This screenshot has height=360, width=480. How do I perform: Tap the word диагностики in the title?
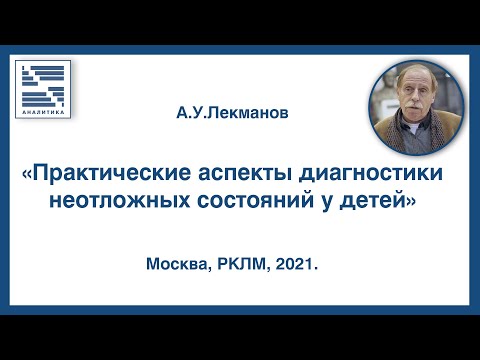point(380,175)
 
